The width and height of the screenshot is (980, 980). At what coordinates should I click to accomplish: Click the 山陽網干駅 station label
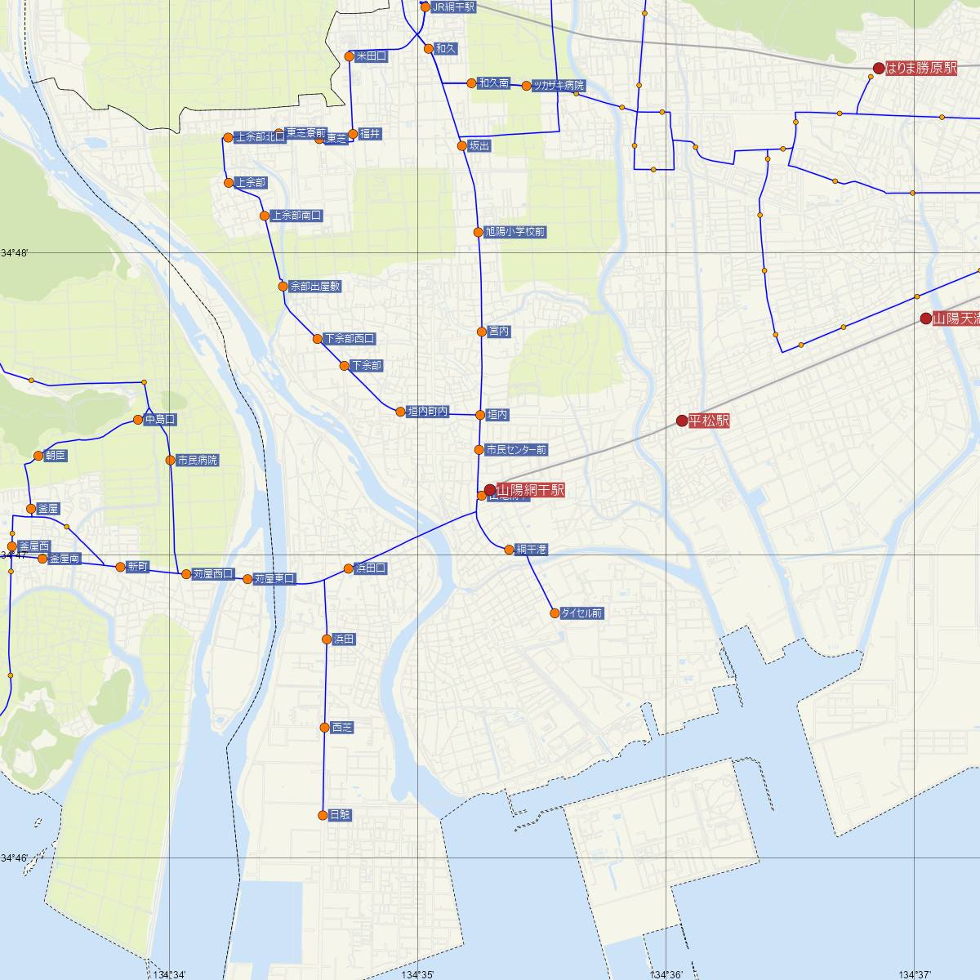coord(530,490)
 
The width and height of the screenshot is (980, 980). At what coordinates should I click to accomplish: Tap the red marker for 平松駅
coord(682,421)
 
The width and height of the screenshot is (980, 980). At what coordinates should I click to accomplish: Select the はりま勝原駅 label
coord(921,69)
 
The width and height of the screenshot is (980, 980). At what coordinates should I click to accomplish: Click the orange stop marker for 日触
coord(323,815)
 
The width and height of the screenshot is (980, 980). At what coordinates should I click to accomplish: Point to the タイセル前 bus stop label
coord(581,612)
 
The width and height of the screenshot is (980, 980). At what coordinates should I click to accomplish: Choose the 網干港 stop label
coord(531,550)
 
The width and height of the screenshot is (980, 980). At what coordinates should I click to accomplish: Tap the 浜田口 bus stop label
coord(370,568)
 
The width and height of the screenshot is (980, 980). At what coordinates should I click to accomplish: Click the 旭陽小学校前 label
coord(514,232)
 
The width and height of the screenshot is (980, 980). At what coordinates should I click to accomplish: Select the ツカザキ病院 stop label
coord(559,85)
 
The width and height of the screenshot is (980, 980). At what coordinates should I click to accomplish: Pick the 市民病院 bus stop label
coord(198,461)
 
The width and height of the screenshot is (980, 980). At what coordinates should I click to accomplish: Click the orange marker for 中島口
coord(139,420)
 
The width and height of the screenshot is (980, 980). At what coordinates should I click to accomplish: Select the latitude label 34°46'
coord(15,857)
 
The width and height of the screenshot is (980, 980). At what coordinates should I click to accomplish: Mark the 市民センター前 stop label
coord(516,450)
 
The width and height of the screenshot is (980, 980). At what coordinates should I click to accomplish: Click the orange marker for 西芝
coord(324,727)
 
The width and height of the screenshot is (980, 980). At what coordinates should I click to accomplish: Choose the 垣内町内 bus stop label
coord(428,412)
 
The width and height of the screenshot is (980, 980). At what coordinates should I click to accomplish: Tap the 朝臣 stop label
coord(56,456)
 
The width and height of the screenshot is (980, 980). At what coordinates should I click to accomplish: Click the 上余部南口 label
coord(296,216)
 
